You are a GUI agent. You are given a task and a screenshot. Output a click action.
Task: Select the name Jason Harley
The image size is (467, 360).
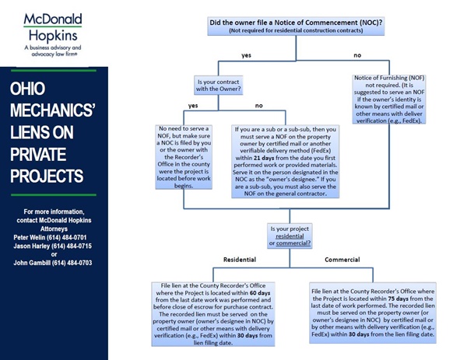tap(36, 246)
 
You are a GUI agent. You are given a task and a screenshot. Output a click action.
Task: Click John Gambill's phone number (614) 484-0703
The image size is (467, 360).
tap(73, 263)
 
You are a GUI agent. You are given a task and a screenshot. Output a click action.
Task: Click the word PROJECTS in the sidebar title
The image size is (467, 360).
tap(47, 172)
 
